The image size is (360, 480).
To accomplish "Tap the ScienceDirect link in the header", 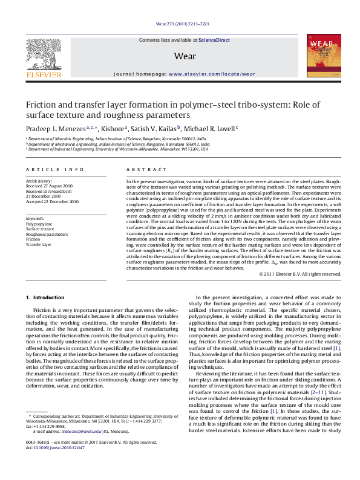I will pos(215,39).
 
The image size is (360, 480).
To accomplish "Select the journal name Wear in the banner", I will pos(184,56).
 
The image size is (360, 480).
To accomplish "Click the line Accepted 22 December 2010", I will pos(52,201).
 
